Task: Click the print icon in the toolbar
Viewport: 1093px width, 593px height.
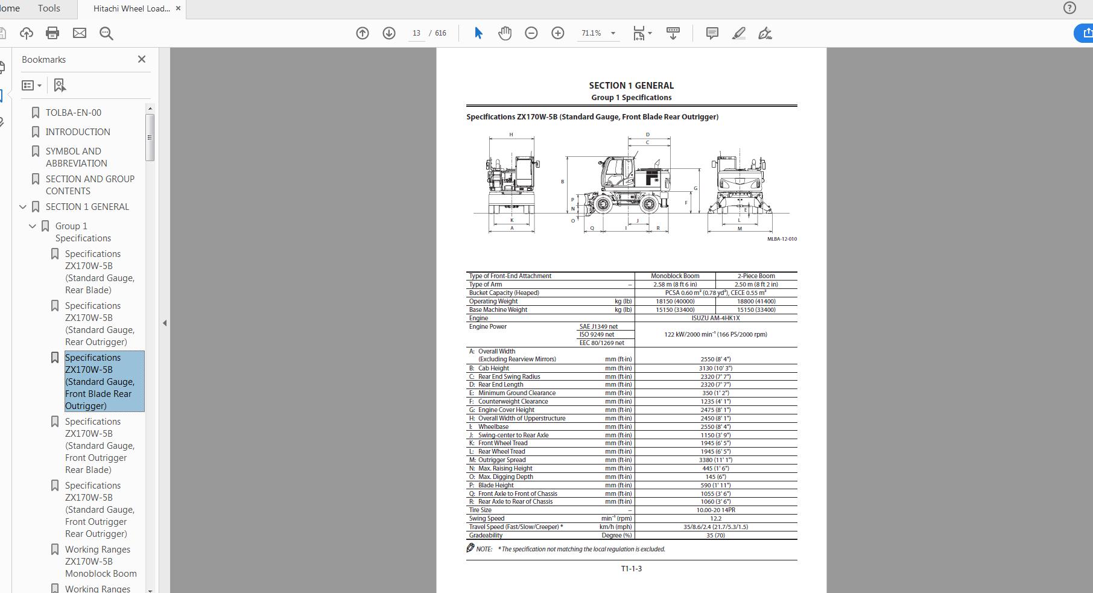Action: point(52,33)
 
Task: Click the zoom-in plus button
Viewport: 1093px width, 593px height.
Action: point(558,33)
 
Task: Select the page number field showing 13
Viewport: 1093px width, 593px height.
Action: point(416,33)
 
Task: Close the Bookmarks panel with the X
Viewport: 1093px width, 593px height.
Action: point(142,59)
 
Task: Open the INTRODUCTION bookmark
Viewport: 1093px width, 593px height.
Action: point(78,132)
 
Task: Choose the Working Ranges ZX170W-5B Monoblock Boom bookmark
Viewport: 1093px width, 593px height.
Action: point(101,561)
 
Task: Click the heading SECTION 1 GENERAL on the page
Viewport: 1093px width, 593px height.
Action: point(631,86)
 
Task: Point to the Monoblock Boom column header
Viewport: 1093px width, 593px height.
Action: point(675,276)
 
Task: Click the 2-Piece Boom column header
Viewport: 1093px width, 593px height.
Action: point(756,276)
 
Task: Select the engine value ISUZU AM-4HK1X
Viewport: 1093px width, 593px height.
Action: point(715,318)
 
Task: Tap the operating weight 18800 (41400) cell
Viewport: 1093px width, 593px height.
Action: point(756,301)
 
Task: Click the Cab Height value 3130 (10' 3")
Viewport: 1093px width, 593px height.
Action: point(715,368)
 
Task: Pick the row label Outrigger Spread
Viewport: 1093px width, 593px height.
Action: point(502,460)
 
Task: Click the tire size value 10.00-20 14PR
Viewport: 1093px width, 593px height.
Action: point(715,510)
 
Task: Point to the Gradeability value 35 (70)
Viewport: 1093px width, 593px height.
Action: point(715,535)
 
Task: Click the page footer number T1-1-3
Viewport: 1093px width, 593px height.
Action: point(631,568)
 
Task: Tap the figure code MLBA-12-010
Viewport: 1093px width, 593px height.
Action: point(782,239)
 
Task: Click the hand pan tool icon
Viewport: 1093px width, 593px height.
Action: point(505,33)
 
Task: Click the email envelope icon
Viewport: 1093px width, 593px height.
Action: point(80,33)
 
